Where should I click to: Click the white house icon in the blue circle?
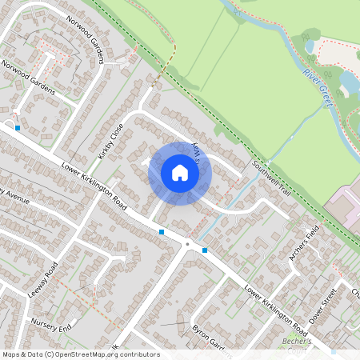pyautogui.click(x=180, y=173)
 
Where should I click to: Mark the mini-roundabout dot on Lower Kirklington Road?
pyautogui.click(x=187, y=243)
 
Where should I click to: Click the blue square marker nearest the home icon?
pyautogui.click(x=162, y=232)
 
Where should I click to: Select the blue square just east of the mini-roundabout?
pyautogui.click(x=205, y=250)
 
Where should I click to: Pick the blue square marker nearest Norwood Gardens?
pyautogui.click(x=18, y=126)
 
